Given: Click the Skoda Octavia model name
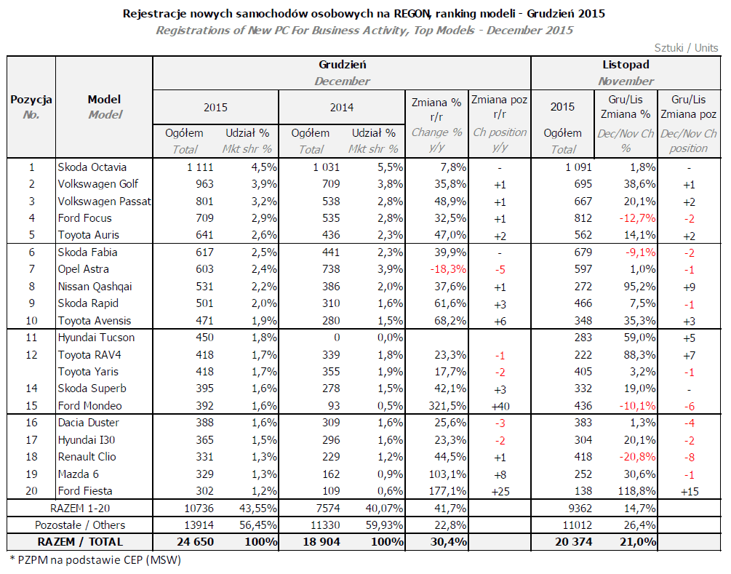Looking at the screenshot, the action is tap(92, 167).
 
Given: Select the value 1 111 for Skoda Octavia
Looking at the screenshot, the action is tap(200, 167).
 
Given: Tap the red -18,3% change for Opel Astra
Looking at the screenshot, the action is tap(448, 269).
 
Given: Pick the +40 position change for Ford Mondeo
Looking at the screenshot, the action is tap(500, 406).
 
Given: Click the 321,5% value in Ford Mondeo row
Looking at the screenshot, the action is tap(447, 406).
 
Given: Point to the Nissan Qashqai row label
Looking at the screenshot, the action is tap(95, 287).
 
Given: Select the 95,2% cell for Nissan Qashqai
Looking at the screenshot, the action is tap(639, 287).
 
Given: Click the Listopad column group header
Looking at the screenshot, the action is tap(626, 65).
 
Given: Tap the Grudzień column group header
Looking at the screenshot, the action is tap(342, 65).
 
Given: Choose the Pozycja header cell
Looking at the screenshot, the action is tap(31, 100).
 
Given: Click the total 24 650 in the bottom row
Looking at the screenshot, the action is tap(196, 542).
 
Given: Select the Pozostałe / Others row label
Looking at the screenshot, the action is tap(80, 525).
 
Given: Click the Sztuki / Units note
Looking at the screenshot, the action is tap(686, 47).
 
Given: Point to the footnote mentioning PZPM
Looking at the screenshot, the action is tap(95, 559).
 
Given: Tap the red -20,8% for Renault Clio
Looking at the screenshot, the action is tap(637, 457).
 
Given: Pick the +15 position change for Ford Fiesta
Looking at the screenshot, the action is tap(690, 492).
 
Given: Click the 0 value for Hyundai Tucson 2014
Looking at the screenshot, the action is tap(337, 338).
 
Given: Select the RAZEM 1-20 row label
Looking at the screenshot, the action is tap(80, 509).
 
